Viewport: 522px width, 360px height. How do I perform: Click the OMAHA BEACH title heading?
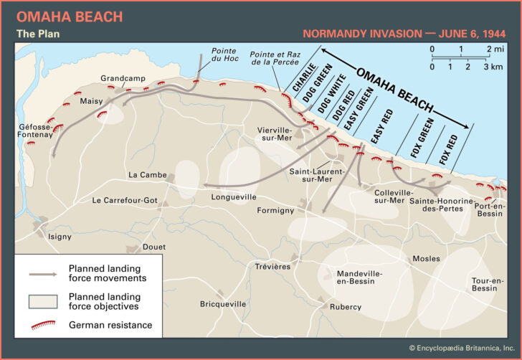click(70, 16)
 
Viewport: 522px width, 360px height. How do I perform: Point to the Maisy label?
click(91, 101)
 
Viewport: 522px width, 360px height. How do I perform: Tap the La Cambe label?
click(147, 175)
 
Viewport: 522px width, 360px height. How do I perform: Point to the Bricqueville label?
click(222, 304)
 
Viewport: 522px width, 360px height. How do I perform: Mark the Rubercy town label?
click(345, 307)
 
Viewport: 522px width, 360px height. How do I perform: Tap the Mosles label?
click(424, 258)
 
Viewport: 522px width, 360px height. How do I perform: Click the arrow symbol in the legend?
click(44, 274)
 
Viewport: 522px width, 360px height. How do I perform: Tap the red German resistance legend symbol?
click(44, 326)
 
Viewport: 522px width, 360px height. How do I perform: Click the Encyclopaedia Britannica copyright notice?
click(461, 348)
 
